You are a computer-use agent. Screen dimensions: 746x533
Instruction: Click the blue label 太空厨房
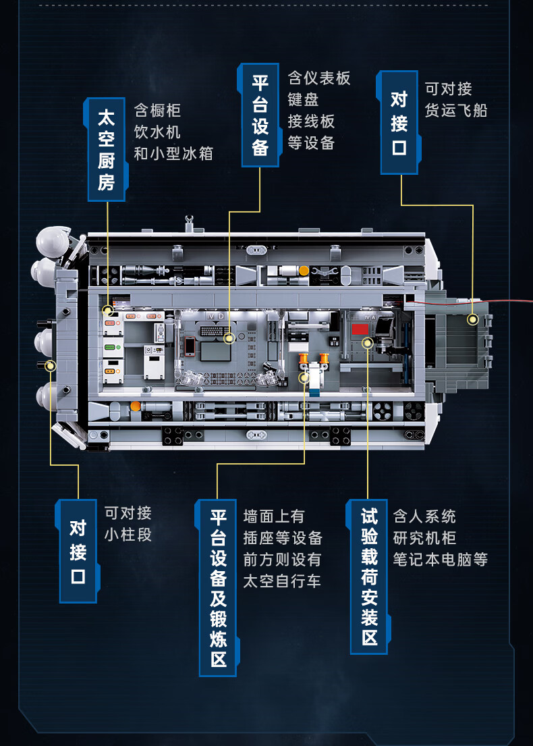[106, 150]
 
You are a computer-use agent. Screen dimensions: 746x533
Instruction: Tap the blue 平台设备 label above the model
[260, 115]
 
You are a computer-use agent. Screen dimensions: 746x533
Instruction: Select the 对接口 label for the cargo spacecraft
[399, 122]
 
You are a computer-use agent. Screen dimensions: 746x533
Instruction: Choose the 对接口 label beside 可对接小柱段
[78, 551]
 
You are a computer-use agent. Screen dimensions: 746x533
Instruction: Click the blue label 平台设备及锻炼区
[217, 587]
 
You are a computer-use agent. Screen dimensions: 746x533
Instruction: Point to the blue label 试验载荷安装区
[368, 577]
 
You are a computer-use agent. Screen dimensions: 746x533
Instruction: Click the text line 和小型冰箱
[173, 153]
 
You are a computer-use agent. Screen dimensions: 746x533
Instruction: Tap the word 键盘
[303, 100]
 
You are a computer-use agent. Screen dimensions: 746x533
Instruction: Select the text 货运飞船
[455, 110]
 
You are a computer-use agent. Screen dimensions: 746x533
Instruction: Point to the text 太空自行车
[282, 581]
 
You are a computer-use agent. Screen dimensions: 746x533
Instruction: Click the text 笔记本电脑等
[440, 559]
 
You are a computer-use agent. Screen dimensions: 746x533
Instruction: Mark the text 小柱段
[128, 535]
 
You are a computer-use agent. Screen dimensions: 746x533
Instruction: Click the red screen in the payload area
[360, 329]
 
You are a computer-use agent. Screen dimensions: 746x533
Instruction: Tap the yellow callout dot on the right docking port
[473, 318]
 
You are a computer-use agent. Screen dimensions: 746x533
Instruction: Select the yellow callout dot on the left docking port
[50, 366]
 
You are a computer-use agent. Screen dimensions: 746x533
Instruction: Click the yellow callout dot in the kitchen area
[107, 311]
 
